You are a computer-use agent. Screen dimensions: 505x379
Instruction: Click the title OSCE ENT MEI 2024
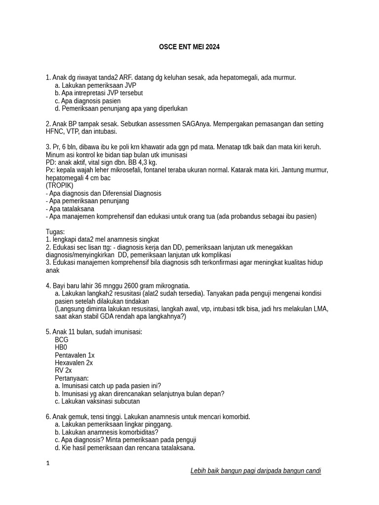(189, 47)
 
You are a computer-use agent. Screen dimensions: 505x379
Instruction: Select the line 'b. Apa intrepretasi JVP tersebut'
(99, 93)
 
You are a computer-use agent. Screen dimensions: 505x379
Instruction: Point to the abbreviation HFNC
(54, 132)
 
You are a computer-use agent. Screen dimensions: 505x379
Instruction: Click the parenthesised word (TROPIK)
(59, 185)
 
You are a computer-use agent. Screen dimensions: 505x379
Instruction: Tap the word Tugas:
(55, 232)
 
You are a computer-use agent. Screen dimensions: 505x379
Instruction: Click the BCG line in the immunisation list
(62, 340)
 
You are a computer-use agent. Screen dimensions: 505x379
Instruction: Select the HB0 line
(61, 348)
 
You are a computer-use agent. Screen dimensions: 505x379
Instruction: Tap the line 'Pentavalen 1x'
(75, 355)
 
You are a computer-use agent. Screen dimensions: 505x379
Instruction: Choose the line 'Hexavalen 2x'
(74, 363)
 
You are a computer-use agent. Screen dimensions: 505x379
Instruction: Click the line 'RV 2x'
(63, 370)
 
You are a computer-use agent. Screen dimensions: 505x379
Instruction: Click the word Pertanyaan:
(72, 378)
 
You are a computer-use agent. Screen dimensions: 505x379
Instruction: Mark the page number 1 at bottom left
(48, 464)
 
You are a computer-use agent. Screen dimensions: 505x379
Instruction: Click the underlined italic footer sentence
(256, 471)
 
